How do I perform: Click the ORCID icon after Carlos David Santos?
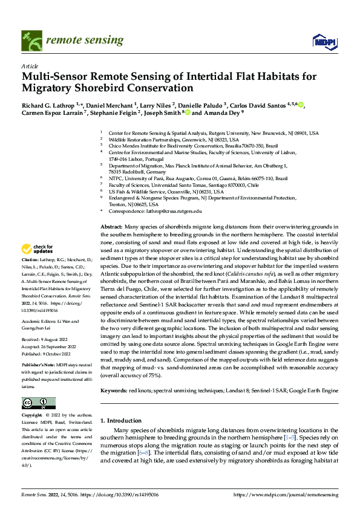click(300, 105)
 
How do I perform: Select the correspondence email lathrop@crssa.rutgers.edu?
click(171, 212)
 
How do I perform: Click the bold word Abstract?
click(111, 226)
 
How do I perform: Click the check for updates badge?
click(38, 248)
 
